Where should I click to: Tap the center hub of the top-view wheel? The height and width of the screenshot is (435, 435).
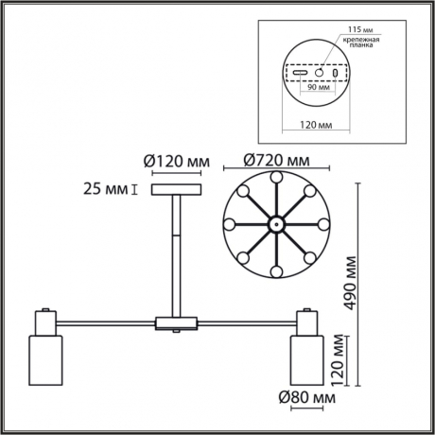coord(274,225)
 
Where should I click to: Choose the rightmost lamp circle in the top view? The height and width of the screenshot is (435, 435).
coord(322,225)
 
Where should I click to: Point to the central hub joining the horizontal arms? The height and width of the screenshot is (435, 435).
coord(177,324)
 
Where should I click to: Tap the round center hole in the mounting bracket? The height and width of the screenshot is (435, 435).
coord(320,73)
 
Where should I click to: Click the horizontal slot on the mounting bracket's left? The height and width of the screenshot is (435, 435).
coord(300,73)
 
